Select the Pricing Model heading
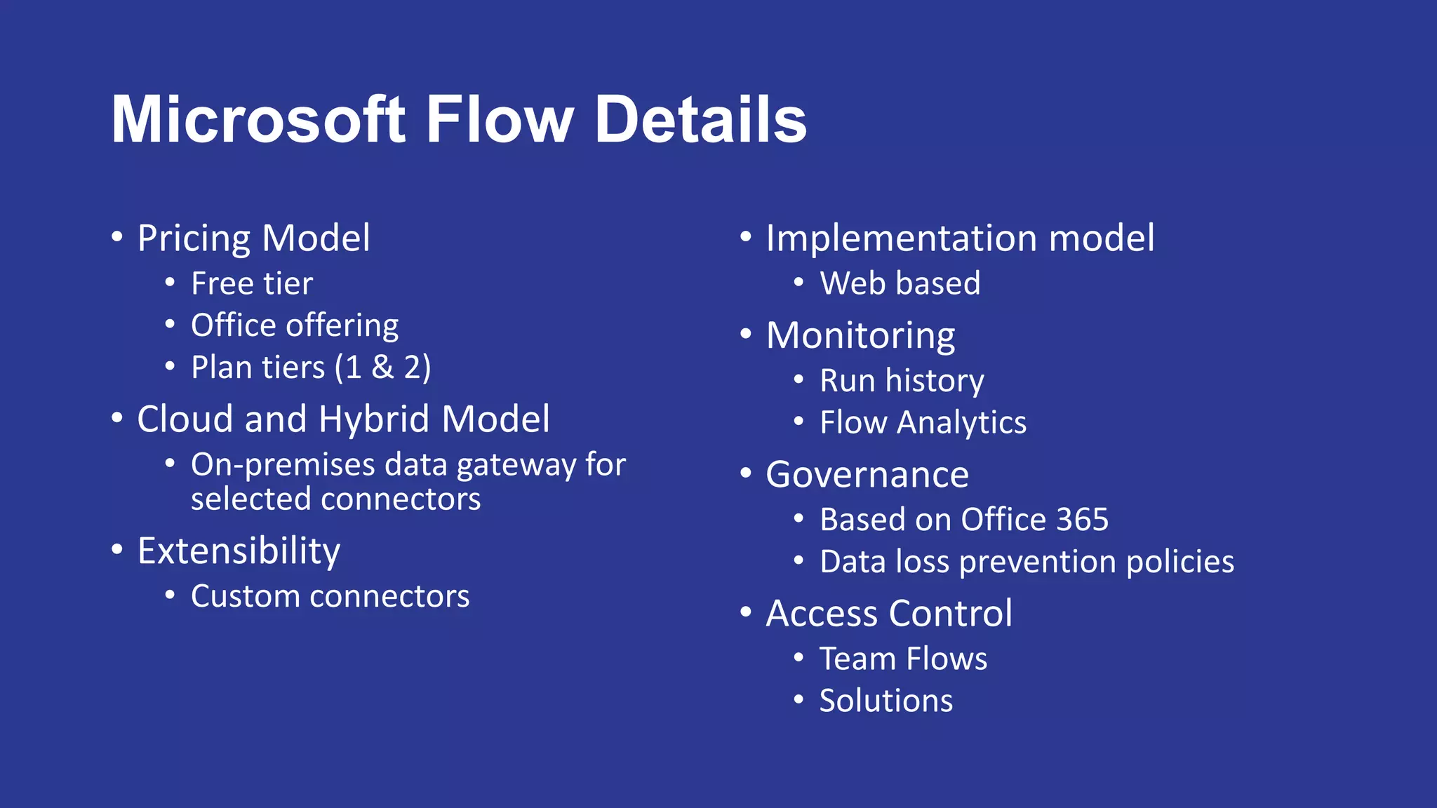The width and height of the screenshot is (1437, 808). point(253,238)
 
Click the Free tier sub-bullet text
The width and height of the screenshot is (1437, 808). point(252,284)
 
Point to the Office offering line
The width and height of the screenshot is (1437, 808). point(295,325)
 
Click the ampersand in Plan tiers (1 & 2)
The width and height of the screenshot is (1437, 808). point(382,368)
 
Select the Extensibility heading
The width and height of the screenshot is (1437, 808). point(239,551)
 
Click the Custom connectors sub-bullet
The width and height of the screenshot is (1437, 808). point(330,597)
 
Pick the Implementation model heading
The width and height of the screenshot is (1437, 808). point(960,238)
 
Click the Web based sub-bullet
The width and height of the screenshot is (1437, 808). point(900,284)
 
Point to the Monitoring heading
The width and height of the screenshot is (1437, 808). point(860,335)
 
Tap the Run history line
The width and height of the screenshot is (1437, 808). point(902,381)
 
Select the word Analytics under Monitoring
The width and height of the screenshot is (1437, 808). point(961,423)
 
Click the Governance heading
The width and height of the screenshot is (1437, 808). point(867,475)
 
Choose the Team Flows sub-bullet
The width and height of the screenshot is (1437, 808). point(903,659)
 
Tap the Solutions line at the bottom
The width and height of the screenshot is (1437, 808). point(886,701)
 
